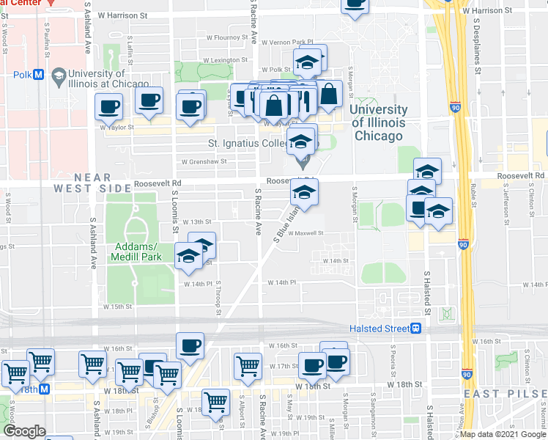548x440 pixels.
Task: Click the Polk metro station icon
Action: coord(38,75)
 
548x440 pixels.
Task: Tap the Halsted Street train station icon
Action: coord(416,328)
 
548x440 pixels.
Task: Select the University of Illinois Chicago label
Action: coord(378,122)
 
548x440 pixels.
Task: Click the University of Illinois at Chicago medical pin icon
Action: coord(58,75)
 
